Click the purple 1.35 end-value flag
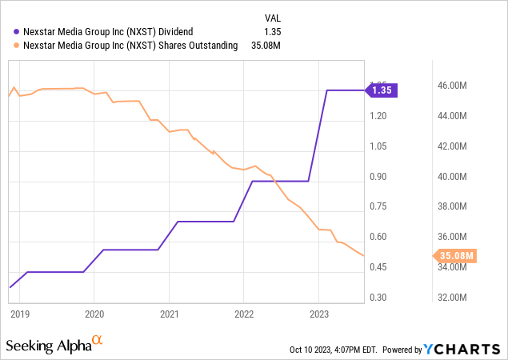[x=382, y=90]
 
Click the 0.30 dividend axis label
[x=378, y=298]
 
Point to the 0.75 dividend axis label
[x=378, y=206]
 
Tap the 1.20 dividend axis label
[x=378, y=116]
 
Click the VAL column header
[x=273, y=18]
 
